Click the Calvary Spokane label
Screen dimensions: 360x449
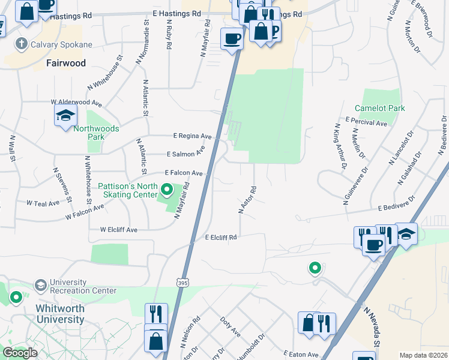63,44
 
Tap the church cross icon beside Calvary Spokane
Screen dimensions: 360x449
21,44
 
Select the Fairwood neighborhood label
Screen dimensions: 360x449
66,63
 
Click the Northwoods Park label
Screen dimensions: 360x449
96,133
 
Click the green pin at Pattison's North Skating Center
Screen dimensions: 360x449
167,191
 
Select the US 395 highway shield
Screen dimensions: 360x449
183,281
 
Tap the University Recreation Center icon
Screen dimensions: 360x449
41,284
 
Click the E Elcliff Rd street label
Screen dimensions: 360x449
221,238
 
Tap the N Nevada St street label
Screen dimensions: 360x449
371,325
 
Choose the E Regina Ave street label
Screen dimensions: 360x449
192,136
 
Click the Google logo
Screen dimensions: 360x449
20,353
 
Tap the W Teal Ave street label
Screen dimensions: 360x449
43,203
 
